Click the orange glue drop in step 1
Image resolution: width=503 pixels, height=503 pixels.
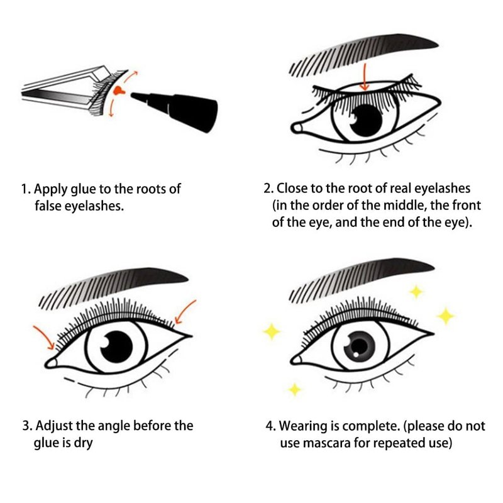point(120,91)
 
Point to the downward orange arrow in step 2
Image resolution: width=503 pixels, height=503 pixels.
point(365,77)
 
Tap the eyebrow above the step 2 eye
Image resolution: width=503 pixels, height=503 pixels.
point(363,55)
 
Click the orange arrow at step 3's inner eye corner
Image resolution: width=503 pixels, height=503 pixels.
point(44,338)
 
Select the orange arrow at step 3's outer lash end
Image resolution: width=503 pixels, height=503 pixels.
point(185,311)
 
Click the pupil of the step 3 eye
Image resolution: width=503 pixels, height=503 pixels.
point(116,347)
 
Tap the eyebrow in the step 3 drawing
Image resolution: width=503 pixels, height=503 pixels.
point(113,288)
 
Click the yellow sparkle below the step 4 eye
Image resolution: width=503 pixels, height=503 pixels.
point(294,389)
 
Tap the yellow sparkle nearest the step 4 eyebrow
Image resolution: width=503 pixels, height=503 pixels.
point(416,292)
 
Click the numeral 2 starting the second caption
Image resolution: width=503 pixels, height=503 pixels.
point(267,188)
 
